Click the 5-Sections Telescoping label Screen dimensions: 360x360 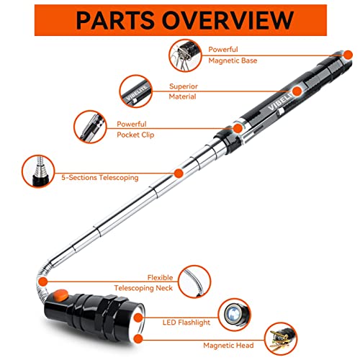99,177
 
